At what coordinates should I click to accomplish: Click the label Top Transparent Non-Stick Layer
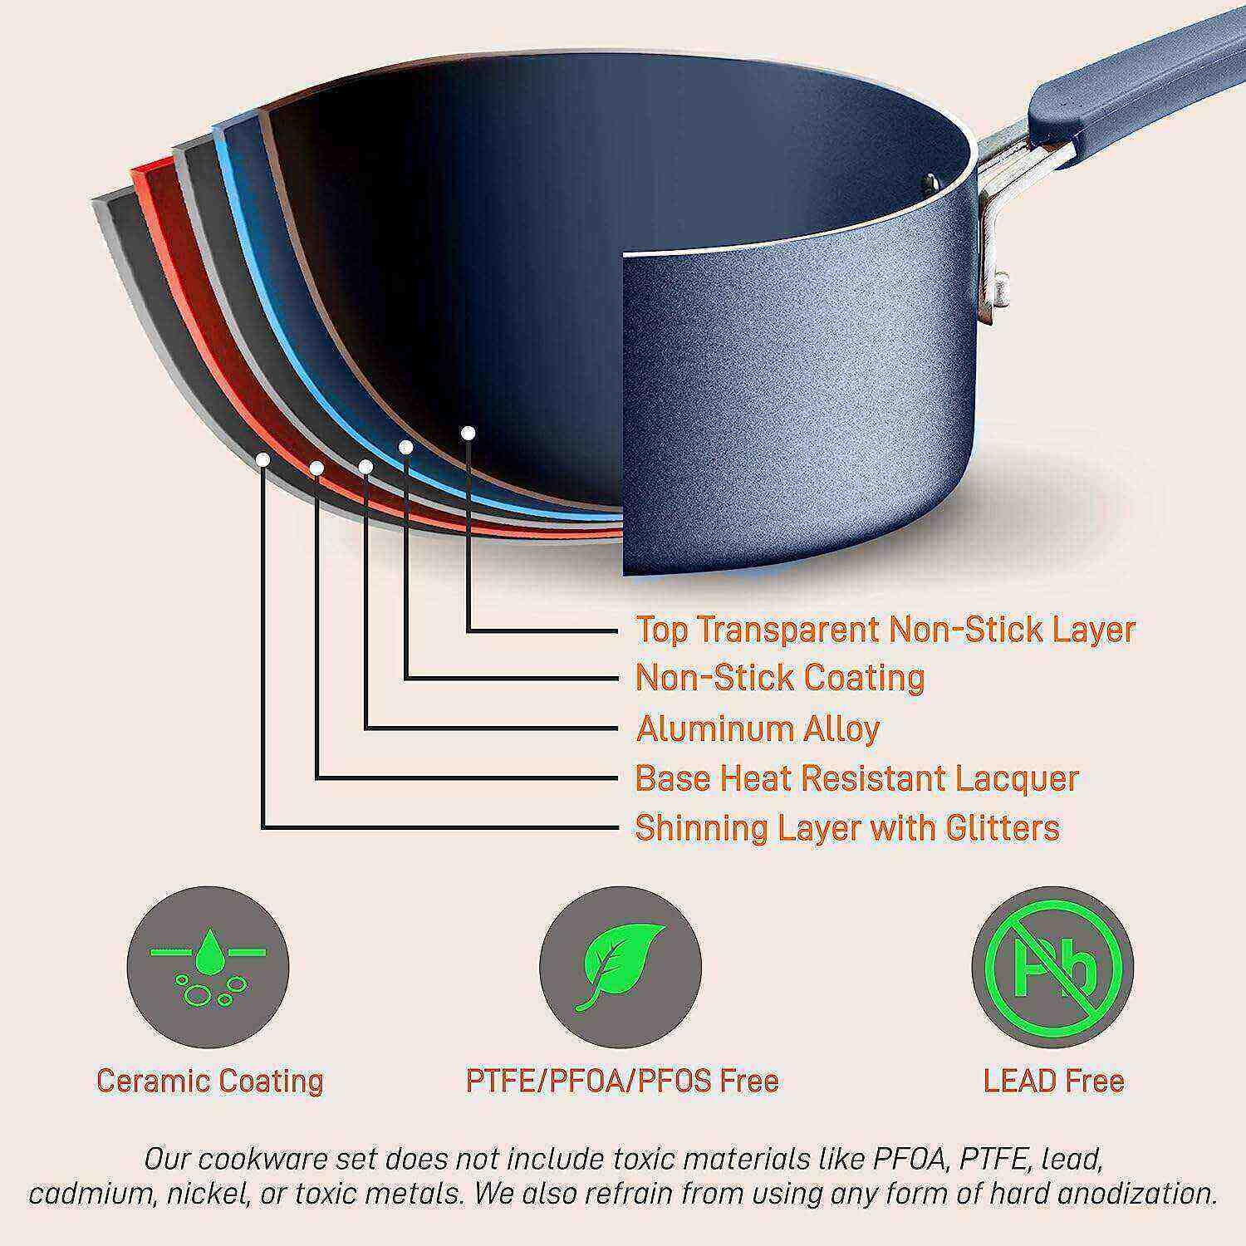885,630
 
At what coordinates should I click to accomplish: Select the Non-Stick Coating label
780,678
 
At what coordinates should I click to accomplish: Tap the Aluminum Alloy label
758,728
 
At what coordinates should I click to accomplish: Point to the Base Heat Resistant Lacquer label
856,778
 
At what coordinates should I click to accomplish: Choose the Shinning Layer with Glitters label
847,828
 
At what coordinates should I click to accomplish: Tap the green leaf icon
621,968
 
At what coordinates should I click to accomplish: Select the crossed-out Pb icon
1052,968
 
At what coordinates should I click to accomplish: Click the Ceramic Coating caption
209,1081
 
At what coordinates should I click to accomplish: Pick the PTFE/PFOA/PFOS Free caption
621,1081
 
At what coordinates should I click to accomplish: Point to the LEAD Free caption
1053,1081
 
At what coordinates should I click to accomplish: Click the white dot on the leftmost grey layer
262,459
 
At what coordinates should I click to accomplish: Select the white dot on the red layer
316,468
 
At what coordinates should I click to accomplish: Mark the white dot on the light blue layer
406,447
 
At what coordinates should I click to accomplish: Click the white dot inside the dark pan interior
468,433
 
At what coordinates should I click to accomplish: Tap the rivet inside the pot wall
933,182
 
